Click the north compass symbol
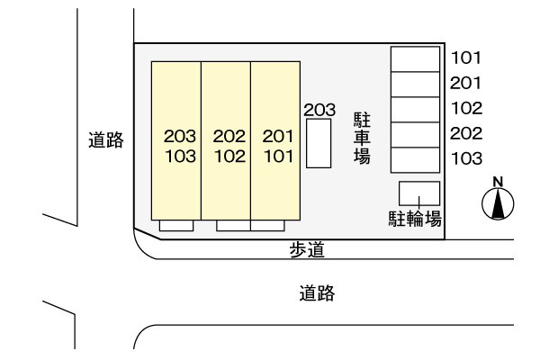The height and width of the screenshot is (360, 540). point(498,204)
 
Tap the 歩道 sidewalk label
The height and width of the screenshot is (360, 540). point(307,250)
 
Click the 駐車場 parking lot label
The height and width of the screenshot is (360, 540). point(362,138)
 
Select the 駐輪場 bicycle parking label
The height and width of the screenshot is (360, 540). point(415,219)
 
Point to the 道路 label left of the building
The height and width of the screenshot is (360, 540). point(105,139)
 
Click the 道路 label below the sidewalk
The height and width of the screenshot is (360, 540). point(317,293)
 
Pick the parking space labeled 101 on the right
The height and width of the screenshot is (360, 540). point(415,59)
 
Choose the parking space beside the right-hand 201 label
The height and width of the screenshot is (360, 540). point(415,85)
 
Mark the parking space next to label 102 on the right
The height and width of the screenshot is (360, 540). point(415,110)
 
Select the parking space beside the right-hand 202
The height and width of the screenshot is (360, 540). point(415,135)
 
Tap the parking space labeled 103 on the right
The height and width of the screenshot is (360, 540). point(415,160)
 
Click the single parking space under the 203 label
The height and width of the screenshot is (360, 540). point(319,143)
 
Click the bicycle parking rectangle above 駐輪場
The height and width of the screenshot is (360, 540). point(419,193)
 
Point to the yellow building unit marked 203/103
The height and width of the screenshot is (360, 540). point(176,140)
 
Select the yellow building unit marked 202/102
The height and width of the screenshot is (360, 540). point(226,140)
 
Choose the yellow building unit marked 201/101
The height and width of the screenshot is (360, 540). point(275,140)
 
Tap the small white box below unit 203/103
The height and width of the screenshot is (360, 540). point(176,226)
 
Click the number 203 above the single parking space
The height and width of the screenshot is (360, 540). point(319,110)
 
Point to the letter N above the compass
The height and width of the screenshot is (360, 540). point(498,182)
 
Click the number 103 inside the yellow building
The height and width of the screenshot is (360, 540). point(181,156)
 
